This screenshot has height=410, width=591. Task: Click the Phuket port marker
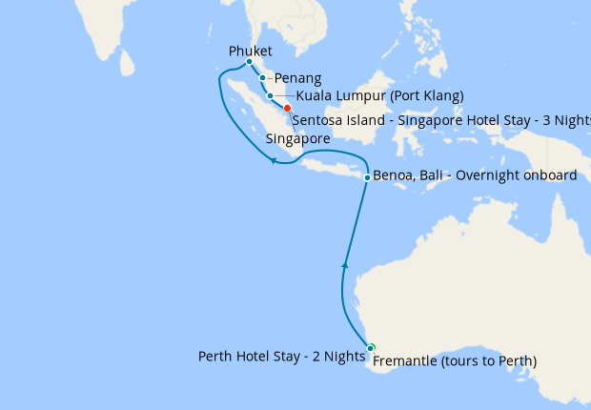tap(249, 61)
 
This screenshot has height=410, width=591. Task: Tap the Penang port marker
tap(262, 78)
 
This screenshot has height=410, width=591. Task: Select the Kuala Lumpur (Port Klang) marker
tap(271, 95)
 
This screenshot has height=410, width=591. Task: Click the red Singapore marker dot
tap(287, 109)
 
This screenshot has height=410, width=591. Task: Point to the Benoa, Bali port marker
tap(367, 177)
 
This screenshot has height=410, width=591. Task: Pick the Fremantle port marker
tap(371, 348)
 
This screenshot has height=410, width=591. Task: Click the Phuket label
tap(251, 51)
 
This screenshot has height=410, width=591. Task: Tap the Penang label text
tap(297, 78)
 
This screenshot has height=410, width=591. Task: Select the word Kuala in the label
tap(315, 95)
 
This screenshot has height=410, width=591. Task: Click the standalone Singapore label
tap(297, 138)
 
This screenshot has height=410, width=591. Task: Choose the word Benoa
tap(395, 176)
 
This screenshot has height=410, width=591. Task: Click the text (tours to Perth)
tap(492, 361)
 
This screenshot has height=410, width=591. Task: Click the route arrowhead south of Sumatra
tap(273, 160)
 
